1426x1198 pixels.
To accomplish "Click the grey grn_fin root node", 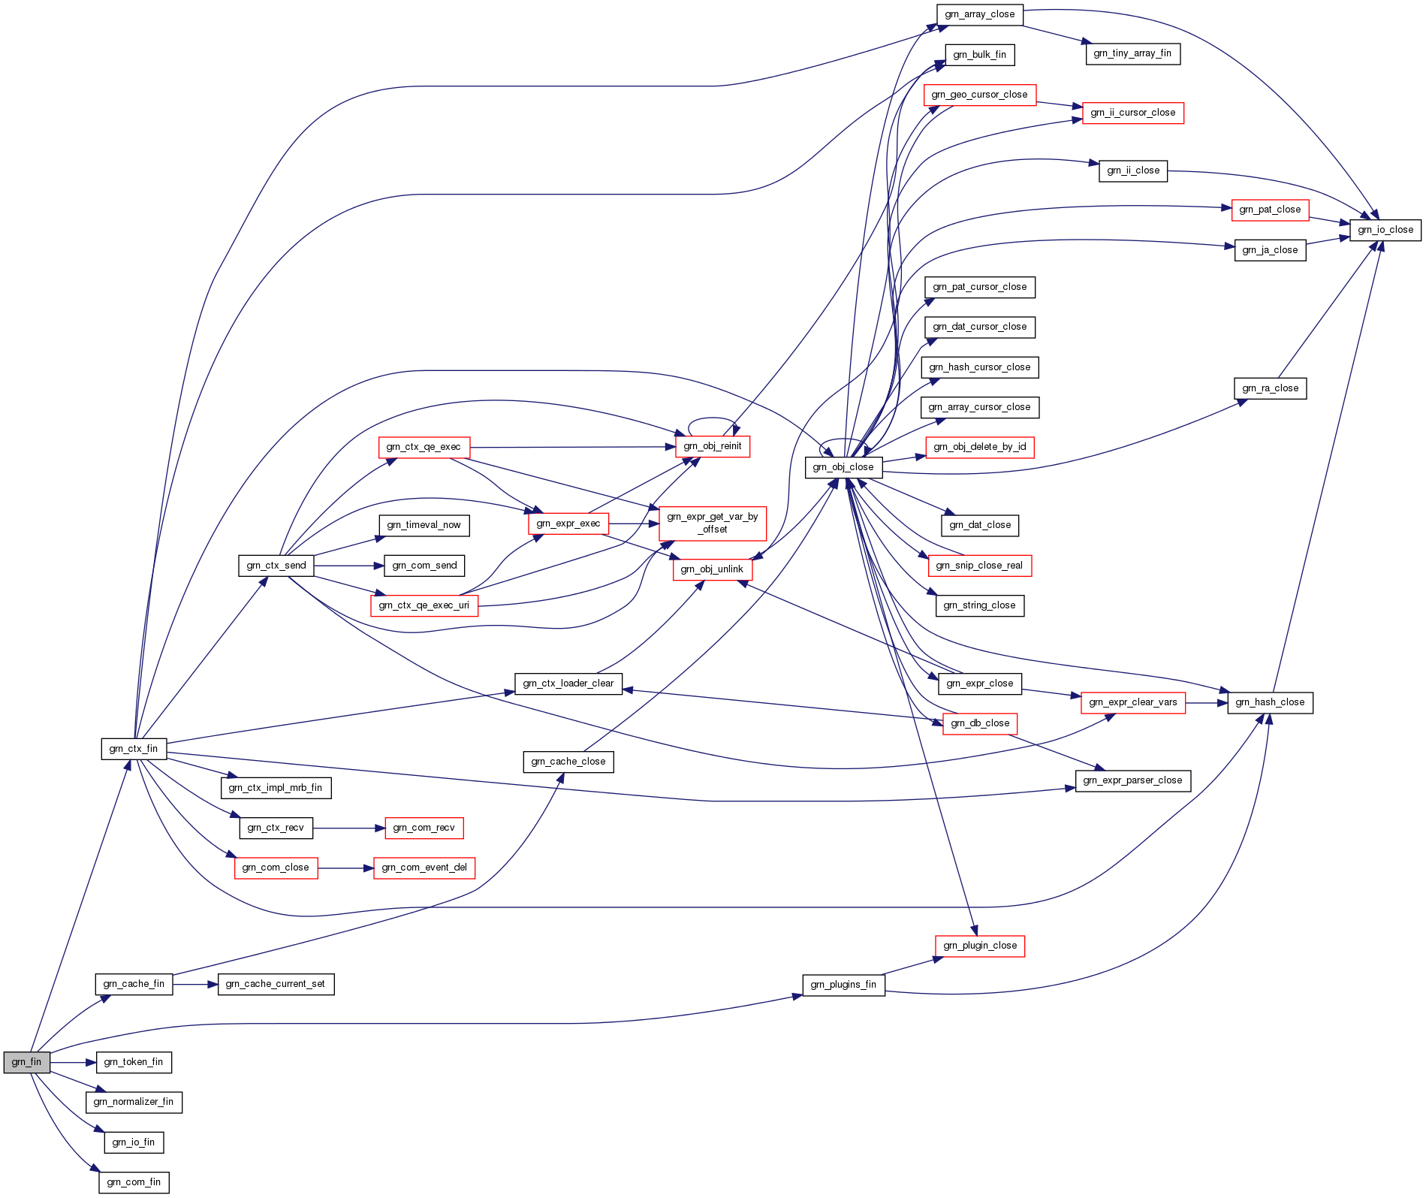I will click(27, 1062).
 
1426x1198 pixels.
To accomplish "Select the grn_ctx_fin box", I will click(134, 749).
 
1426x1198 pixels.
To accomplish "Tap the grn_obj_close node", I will click(843, 467).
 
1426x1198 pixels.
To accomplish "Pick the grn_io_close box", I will click(1385, 230).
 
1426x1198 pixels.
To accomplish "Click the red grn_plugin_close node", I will click(980, 946).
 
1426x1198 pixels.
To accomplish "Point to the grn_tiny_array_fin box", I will click(1132, 53).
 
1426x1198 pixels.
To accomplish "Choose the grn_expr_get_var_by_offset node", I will click(713, 523).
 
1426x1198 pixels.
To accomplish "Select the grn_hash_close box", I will click(1270, 702).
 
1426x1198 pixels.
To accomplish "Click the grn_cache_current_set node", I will click(276, 984).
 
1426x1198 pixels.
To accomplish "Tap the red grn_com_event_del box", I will click(424, 868).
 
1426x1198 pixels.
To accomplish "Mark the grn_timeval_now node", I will click(424, 525).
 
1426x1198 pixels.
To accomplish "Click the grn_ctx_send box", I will click(276, 566).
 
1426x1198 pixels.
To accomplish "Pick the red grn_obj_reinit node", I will click(713, 446).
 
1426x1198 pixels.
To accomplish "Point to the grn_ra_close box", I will click(1270, 388).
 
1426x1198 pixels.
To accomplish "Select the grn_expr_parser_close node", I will click(1133, 780).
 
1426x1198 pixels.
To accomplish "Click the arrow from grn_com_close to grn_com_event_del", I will click(345, 868).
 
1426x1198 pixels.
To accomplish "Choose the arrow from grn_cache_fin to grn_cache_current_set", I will click(195, 984).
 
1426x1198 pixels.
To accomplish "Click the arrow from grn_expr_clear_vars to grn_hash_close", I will click(1207, 703).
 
